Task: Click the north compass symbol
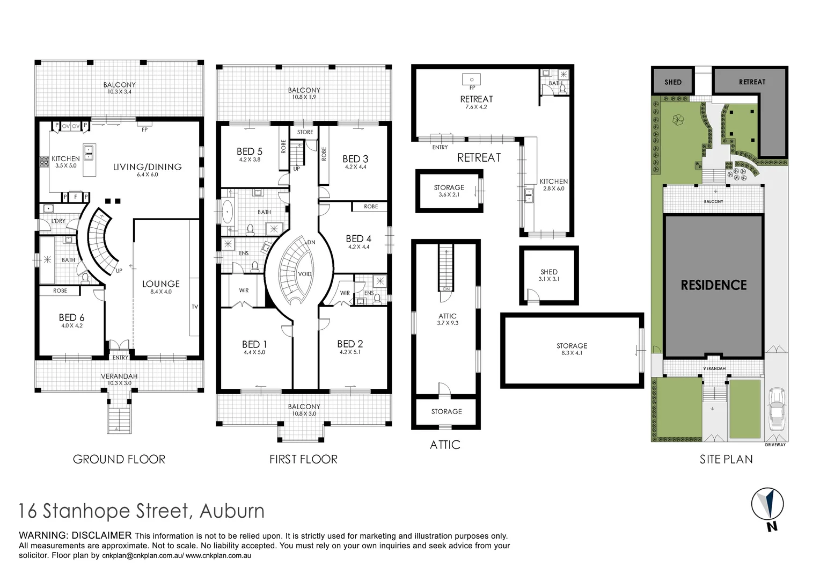pyautogui.click(x=768, y=505)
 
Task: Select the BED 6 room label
pyautogui.click(x=71, y=317)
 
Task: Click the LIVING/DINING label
pyautogui.click(x=147, y=167)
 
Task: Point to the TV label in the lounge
pyautogui.click(x=194, y=307)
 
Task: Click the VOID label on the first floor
pyautogui.click(x=304, y=274)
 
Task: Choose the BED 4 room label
pyautogui.click(x=358, y=238)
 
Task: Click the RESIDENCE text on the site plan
pyautogui.click(x=713, y=285)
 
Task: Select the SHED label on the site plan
pyautogui.click(x=672, y=82)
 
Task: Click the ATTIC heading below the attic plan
pyautogui.click(x=445, y=445)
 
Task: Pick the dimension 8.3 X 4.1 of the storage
pyautogui.click(x=572, y=353)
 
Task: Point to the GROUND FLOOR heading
pyautogui.click(x=119, y=459)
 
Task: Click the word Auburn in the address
pyautogui.click(x=232, y=511)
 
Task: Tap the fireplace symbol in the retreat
pyautogui.click(x=472, y=80)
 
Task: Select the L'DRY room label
pyautogui.click(x=58, y=221)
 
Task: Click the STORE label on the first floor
pyautogui.click(x=305, y=132)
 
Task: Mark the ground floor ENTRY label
pyautogui.click(x=120, y=357)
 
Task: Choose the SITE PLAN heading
pyautogui.click(x=726, y=459)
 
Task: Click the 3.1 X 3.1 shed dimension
pyautogui.click(x=548, y=279)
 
